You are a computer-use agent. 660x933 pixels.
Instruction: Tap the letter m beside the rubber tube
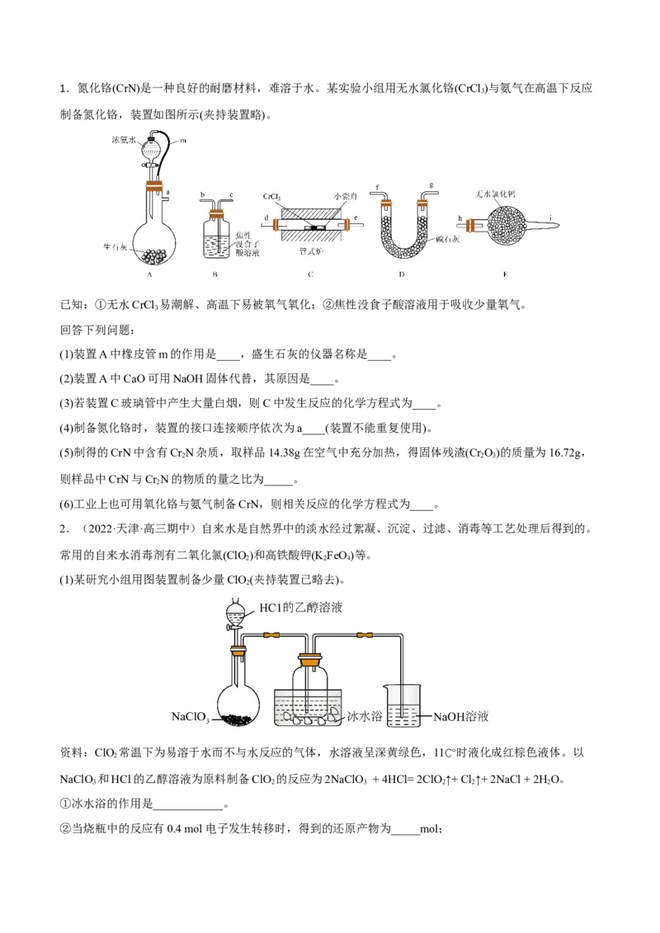182,141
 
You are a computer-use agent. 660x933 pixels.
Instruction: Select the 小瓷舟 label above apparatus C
346,197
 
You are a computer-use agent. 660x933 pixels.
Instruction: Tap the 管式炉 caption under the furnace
310,251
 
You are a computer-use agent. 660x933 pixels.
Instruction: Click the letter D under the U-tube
401,274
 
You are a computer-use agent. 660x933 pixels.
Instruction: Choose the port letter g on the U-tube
431,186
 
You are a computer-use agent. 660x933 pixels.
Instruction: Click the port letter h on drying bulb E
459,218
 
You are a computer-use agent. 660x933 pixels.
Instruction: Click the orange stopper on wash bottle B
217,213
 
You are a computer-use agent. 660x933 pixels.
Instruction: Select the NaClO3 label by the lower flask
191,717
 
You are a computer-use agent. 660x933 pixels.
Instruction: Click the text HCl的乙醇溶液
300,607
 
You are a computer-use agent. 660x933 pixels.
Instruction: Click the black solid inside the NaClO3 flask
238,720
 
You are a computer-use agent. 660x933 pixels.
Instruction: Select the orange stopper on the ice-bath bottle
310,659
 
